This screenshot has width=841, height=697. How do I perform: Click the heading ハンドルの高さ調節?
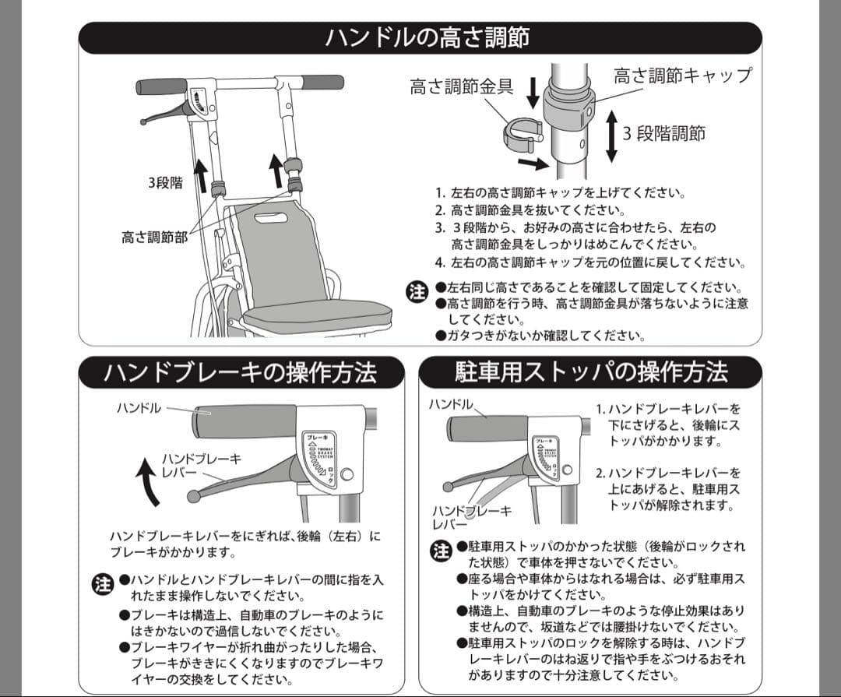427,37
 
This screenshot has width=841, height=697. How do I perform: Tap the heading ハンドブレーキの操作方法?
241,372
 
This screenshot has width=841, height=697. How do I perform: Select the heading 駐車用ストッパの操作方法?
591,371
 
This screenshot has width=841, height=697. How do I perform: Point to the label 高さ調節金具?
461,86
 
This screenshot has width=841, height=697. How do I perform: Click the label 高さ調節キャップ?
683,75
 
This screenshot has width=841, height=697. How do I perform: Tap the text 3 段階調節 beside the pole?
664,133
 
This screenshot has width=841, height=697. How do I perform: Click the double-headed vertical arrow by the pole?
611,136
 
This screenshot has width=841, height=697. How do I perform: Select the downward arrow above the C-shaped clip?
533,93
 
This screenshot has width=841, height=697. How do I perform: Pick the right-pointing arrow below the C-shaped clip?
533,164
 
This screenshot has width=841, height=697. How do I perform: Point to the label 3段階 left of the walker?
165,183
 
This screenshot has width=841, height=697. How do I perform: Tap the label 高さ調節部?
154,237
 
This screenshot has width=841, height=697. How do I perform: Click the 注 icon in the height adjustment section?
418,292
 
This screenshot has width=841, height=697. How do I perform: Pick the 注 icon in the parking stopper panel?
441,551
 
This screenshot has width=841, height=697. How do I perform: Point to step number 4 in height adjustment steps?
440,262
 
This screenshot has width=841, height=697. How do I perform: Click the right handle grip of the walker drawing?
322,82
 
